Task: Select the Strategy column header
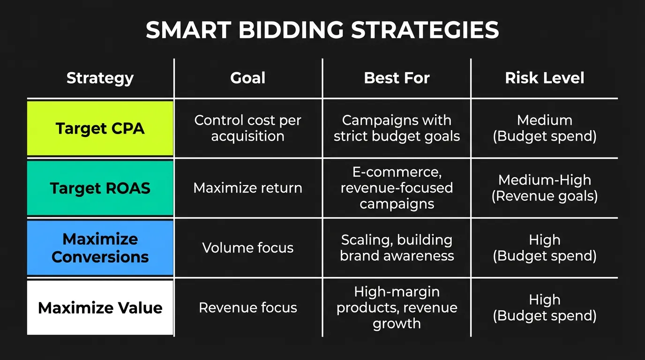point(100,78)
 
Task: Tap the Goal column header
point(247,78)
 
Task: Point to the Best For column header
point(397,78)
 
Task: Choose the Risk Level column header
point(544,78)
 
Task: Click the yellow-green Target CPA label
point(100,128)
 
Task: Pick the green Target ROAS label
point(100,188)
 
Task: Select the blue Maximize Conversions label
point(100,248)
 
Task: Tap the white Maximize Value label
point(100,307)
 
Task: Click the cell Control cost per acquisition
point(247,128)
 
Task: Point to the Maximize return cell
point(247,188)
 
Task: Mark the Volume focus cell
point(247,247)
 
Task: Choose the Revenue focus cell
point(247,307)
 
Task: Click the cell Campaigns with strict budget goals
point(397,128)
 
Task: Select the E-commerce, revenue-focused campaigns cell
point(397,188)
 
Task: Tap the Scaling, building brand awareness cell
point(397,247)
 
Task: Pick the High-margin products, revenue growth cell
point(397,307)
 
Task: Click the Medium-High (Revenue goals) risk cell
point(544,188)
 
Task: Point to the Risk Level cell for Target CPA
point(544,128)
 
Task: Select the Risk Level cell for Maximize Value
point(544,307)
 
